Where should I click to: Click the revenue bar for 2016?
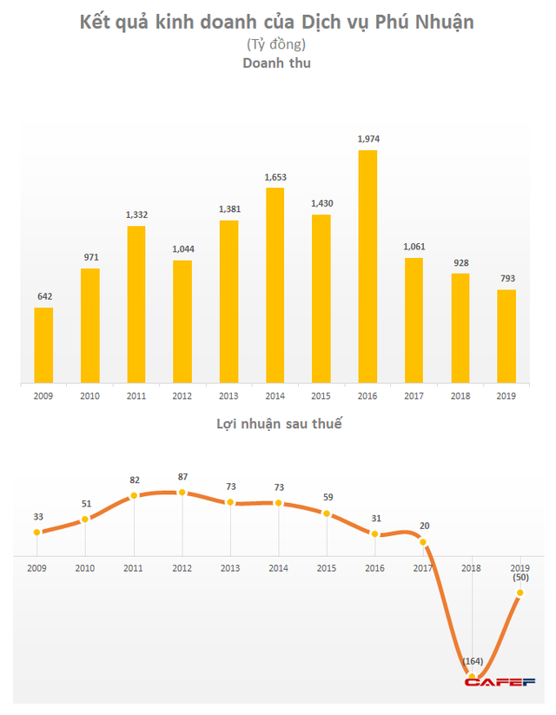[x=367, y=266]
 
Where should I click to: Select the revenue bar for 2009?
[x=43, y=345]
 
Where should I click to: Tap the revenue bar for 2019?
[x=506, y=336]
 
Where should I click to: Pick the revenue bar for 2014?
[x=275, y=285]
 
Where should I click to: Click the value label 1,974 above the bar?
[x=368, y=139]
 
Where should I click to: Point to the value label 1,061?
[x=414, y=247]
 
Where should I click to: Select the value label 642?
[x=43, y=296]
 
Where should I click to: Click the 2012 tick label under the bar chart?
[x=182, y=396]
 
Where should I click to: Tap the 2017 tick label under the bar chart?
[x=414, y=396]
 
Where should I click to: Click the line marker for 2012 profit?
[x=182, y=493]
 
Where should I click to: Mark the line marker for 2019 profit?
[x=520, y=593]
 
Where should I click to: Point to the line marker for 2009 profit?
[x=37, y=532]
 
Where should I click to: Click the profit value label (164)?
[x=473, y=661]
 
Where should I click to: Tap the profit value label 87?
[x=182, y=477]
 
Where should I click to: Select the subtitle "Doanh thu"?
[x=276, y=63]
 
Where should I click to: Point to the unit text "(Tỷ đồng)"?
[x=277, y=43]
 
